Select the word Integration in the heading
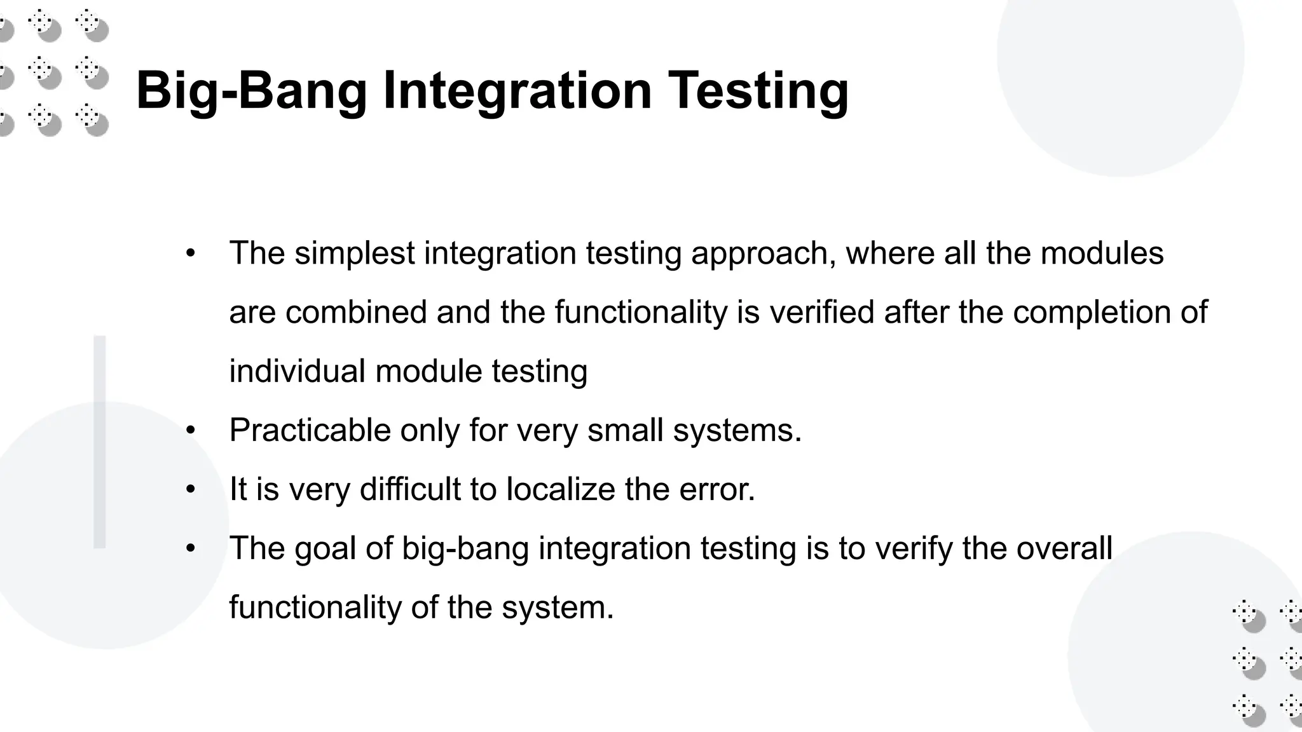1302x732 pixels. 517,91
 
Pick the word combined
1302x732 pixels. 356,312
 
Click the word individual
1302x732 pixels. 297,371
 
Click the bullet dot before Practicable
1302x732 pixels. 190,431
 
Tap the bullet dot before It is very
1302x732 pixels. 190,490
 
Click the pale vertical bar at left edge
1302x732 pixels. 100,442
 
